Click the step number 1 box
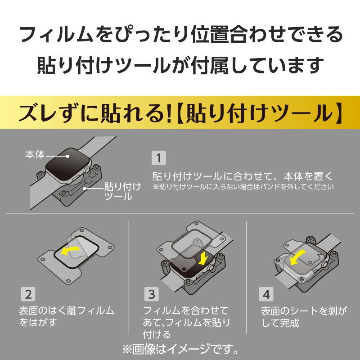tap(158, 158)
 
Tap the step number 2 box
tap(27, 295)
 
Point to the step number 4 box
tap(266, 295)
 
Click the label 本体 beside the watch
tap(35, 155)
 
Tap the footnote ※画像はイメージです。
tap(180, 349)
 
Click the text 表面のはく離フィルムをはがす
tap(67, 317)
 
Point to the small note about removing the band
tap(243, 186)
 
